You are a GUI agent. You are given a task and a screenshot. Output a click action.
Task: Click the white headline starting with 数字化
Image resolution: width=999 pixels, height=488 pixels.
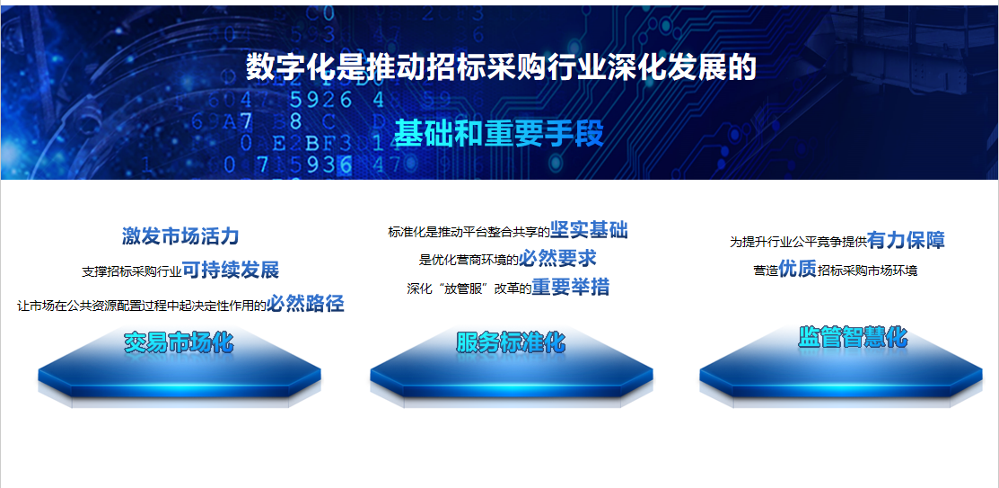[x=501, y=67]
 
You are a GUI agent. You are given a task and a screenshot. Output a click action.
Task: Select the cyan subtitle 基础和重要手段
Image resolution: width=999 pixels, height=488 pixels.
[x=498, y=133]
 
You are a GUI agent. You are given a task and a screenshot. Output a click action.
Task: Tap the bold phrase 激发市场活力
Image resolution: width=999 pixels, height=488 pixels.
[x=180, y=236]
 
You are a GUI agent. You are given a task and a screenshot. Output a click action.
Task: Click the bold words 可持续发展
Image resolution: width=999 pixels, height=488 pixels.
[x=231, y=270]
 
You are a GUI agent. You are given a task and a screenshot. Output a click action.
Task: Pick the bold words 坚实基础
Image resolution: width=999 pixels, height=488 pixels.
[x=589, y=230]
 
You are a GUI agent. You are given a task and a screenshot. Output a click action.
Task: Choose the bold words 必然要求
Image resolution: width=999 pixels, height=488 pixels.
[x=557, y=258]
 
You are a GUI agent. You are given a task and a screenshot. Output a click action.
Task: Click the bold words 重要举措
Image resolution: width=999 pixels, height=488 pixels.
[x=571, y=287]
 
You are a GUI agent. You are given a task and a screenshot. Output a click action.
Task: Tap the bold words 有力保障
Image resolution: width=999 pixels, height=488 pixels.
[x=906, y=240]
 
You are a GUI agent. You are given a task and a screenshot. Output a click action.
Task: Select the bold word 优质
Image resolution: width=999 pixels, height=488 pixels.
[x=798, y=270]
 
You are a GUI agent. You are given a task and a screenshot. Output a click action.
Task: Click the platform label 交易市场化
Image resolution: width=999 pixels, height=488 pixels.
[x=179, y=342]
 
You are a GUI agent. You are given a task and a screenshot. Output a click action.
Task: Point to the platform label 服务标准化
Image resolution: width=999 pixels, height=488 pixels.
[x=511, y=342]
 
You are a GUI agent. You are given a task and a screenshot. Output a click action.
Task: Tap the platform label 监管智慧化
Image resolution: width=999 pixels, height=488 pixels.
[x=853, y=337]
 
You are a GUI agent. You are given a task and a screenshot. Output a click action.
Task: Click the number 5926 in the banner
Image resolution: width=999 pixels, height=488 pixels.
[x=320, y=100]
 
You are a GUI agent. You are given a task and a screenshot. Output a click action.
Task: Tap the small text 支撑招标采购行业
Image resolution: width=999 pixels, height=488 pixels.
[x=132, y=271]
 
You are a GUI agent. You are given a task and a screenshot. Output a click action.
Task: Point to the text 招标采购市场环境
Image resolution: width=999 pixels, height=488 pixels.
[x=868, y=271]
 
